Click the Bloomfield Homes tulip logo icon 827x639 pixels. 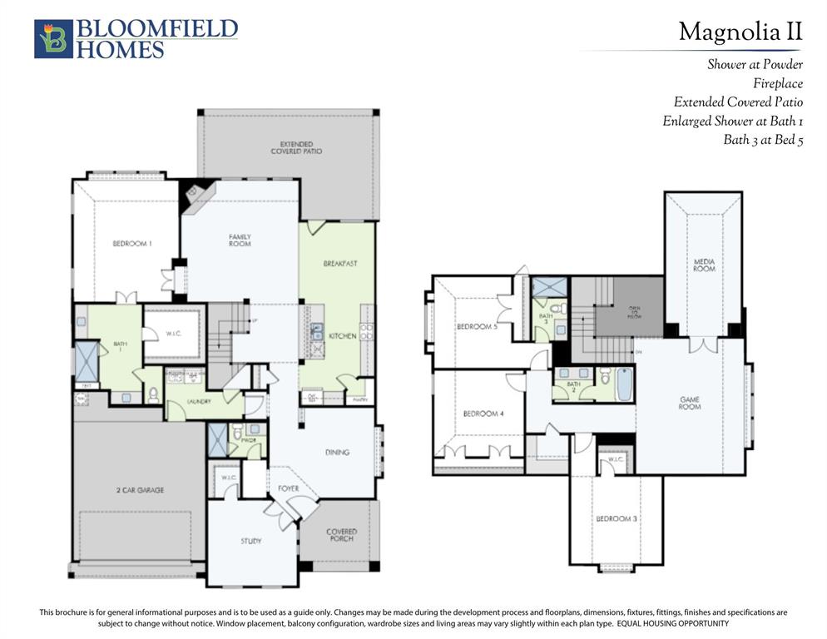(x=53, y=39)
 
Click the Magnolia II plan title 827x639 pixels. (x=740, y=32)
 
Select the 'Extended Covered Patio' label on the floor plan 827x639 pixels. (x=295, y=147)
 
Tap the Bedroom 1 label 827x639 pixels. (x=132, y=244)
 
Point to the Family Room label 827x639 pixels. (x=240, y=240)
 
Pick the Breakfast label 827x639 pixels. (x=339, y=264)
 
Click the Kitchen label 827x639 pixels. (x=342, y=336)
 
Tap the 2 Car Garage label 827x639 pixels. (x=139, y=490)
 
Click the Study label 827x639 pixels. (x=251, y=541)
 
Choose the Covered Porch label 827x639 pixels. (x=341, y=535)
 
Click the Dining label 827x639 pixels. (x=336, y=453)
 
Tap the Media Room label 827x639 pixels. (x=704, y=265)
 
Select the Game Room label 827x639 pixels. (x=689, y=403)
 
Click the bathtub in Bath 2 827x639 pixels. (x=624, y=384)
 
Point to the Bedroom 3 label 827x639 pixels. (x=616, y=519)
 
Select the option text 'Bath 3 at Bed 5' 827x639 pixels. (x=762, y=140)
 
